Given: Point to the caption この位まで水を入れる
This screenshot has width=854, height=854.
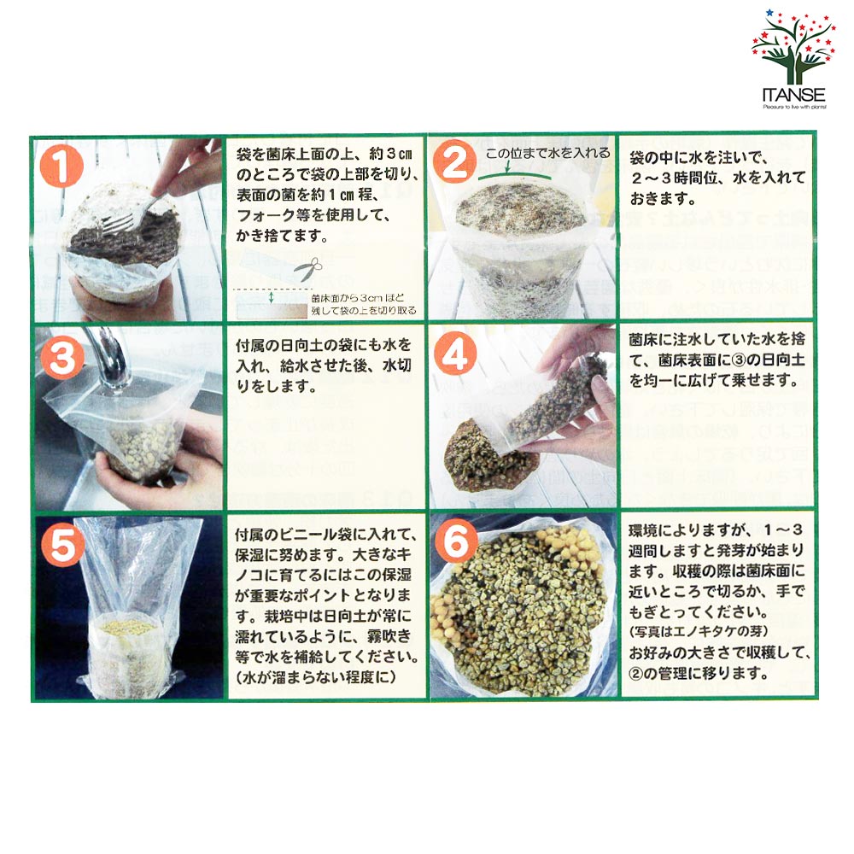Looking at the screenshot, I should pos(547,154).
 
